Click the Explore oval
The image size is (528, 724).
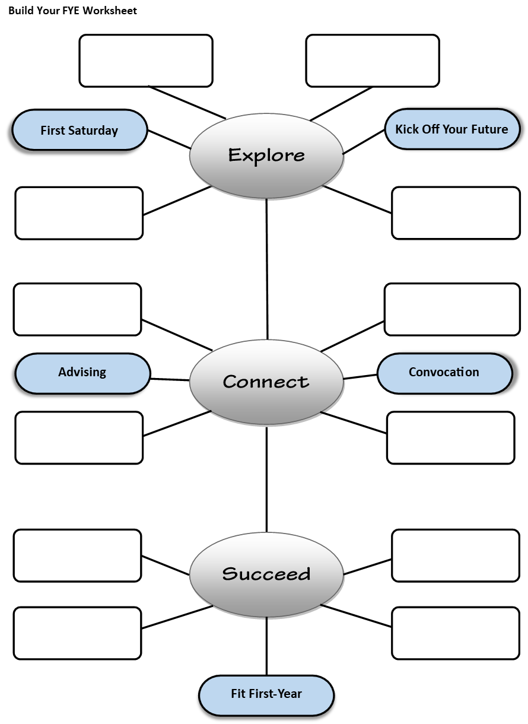266,155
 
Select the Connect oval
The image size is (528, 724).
266,382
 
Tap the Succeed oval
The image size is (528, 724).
266,574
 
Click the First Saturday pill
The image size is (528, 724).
79,131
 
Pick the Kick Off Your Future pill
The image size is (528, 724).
452,129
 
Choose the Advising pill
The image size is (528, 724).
82,373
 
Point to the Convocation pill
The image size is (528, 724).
444,373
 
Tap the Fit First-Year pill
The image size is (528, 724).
266,694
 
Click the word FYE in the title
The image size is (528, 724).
72,11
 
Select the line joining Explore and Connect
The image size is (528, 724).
267,267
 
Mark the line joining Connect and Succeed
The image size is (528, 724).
266,478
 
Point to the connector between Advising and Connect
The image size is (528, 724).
170,379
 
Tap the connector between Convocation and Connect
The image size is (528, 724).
360,377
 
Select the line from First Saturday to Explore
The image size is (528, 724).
169,139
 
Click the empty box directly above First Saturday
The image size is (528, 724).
146,61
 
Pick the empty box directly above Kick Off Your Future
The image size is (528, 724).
373,61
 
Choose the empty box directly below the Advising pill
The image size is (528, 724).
79,437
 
